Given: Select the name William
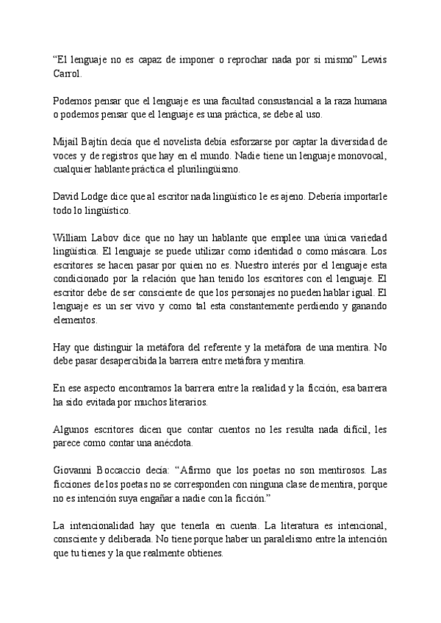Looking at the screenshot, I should [71, 237].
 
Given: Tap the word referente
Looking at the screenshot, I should [220, 347].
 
